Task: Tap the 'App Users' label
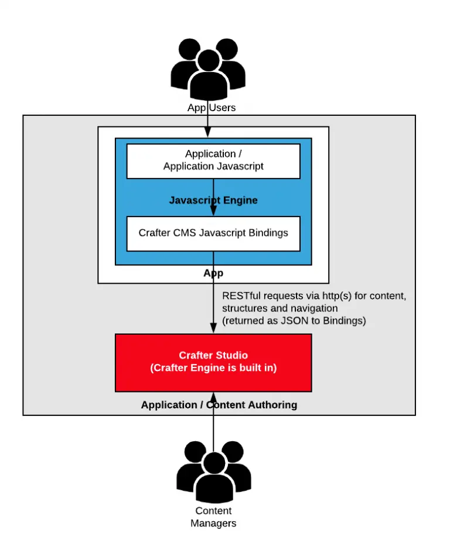pos(212,108)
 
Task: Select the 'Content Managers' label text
pos(213,517)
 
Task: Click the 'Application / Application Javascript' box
pos(213,160)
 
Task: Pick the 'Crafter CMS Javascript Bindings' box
pos(213,233)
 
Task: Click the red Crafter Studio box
pos(213,362)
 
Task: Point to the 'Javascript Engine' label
pos(213,200)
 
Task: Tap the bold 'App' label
pos(213,273)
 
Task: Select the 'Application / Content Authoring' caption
pos(219,405)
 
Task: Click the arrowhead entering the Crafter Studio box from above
pos(213,329)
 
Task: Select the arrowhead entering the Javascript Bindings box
pos(213,212)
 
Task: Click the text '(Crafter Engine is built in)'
pos(213,368)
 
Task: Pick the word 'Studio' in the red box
pos(232,356)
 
